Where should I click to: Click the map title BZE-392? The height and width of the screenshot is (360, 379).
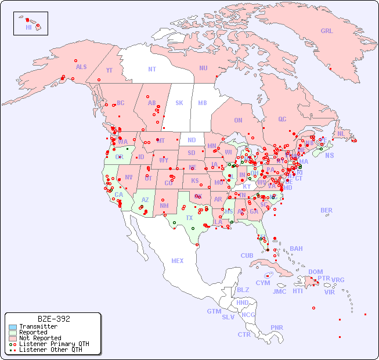(53, 319)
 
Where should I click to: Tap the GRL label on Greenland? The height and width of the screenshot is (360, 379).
(327, 31)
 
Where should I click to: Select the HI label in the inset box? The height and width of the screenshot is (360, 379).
(28, 27)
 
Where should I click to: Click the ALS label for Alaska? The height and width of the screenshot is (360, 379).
(81, 67)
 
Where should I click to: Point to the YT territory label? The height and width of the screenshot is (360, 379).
(109, 70)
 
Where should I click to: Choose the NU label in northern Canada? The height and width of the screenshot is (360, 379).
(203, 68)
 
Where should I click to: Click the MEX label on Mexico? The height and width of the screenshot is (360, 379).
(177, 261)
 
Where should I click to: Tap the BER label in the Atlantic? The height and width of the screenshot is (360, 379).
(327, 210)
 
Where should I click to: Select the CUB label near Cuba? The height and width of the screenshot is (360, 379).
(247, 255)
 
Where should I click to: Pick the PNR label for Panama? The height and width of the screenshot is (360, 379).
(277, 327)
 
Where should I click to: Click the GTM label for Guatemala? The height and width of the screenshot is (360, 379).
(214, 311)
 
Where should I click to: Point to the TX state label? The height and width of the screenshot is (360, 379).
(189, 218)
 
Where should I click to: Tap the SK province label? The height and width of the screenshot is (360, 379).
(179, 103)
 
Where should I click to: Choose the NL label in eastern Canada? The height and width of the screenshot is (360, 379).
(341, 134)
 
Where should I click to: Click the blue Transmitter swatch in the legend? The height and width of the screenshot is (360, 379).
(12, 327)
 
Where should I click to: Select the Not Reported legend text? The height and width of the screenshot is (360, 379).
(40, 338)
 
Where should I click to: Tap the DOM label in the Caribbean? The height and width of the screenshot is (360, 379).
(315, 272)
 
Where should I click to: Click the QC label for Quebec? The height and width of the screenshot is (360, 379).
(282, 119)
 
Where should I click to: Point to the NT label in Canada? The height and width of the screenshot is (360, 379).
(152, 69)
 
